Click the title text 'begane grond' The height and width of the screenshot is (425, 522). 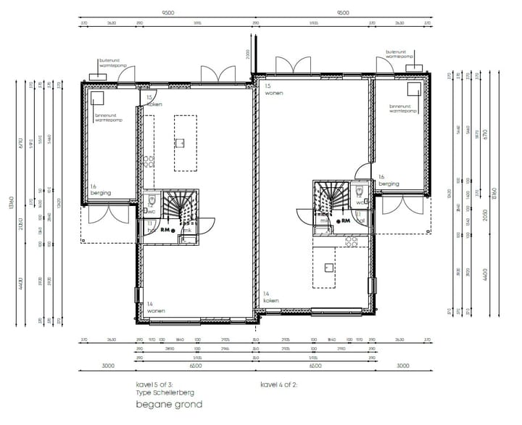coord(169,404)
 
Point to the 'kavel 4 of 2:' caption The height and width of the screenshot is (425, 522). coord(278,384)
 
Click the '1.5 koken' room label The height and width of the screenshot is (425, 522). coord(154,102)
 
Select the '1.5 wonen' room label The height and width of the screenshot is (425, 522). coord(273,90)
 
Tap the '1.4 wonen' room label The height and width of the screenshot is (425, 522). coord(155,308)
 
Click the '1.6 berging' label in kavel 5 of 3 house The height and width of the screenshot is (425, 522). coord(99,189)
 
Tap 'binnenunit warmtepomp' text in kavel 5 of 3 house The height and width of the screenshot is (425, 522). coord(109,117)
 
